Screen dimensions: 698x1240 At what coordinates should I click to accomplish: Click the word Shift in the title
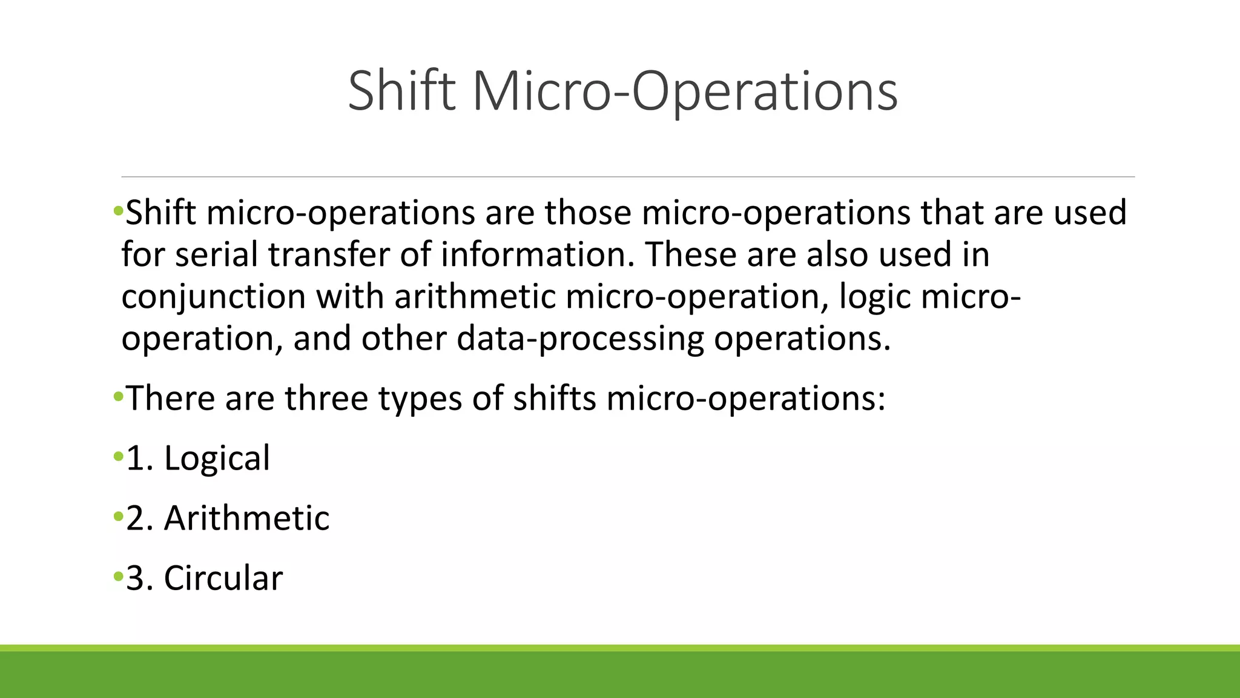401,91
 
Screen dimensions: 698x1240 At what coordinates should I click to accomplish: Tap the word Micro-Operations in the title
684,91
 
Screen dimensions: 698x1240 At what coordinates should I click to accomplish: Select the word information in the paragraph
538,254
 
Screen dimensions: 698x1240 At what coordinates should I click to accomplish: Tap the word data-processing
580,338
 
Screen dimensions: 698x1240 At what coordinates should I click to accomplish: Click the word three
326,399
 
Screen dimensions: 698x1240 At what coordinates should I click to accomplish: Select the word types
420,399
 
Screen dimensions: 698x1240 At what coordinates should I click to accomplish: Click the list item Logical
217,458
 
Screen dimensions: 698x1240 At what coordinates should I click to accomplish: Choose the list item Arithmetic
246,518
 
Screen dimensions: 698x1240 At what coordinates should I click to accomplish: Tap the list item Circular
223,578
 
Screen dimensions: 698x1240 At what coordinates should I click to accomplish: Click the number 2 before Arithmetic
134,519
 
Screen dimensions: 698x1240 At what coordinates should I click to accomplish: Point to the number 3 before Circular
134,579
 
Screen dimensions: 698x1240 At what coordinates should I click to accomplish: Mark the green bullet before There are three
118,397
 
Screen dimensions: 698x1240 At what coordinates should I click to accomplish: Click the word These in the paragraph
690,254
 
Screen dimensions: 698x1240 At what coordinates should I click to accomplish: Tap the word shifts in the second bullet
554,399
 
